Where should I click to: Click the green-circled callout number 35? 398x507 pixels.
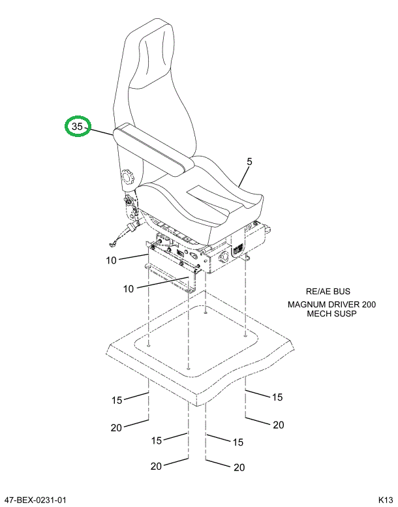(77, 127)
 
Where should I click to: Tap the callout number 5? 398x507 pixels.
(249, 161)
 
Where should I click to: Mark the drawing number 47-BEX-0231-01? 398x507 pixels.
(35, 500)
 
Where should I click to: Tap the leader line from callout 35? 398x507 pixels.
(101, 132)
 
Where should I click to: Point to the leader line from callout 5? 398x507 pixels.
(243, 177)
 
